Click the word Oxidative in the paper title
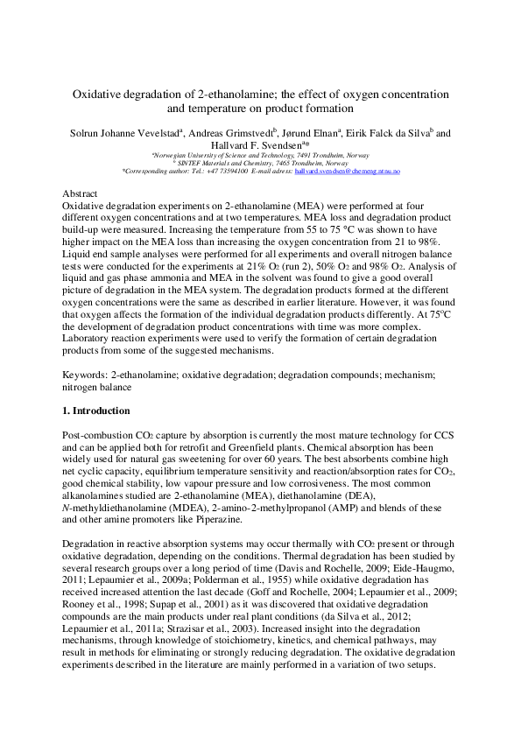tap(96, 93)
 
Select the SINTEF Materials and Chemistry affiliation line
tap(260, 164)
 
